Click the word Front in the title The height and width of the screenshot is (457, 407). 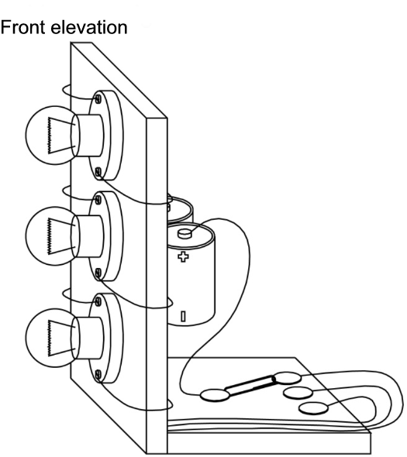coord(22,27)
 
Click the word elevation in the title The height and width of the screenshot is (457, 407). coord(89,27)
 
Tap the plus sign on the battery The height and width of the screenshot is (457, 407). coord(183,256)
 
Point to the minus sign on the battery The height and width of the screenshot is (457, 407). coord(183,316)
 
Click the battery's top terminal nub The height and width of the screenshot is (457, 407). coord(185,233)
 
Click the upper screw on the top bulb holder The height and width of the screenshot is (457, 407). coord(98,98)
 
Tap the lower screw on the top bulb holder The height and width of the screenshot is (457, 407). coord(98,172)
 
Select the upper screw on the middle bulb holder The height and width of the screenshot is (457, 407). coord(98,199)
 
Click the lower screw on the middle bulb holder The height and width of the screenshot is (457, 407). coord(98,273)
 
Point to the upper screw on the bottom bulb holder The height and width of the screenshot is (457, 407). coord(98,301)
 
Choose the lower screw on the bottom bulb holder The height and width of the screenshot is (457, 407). coord(98,374)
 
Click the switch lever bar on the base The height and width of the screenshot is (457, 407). coord(250,386)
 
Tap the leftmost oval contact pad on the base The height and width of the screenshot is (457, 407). coord(215,396)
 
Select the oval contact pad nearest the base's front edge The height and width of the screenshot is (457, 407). coord(313,408)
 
